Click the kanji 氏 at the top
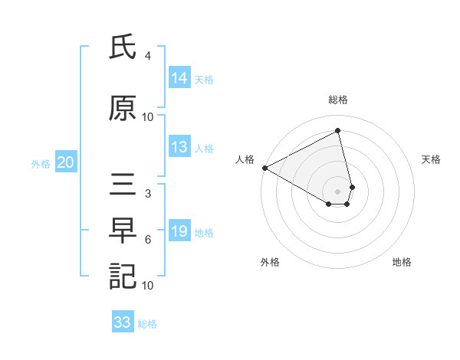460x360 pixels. [x=123, y=50]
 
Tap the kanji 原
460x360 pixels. [x=123, y=109]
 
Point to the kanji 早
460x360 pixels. [x=123, y=231]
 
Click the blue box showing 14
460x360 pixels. [x=179, y=78]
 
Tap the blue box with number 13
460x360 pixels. [x=179, y=148]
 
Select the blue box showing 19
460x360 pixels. [x=179, y=232]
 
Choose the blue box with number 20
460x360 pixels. [x=66, y=162]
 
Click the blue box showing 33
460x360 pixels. [x=123, y=322]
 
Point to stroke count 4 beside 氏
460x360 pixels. [x=148, y=56]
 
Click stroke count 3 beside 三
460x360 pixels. [x=148, y=195]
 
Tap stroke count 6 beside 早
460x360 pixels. [x=148, y=240]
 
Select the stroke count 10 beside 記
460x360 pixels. [x=148, y=285]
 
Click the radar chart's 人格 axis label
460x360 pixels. [x=245, y=159]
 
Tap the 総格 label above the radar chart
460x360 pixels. [x=338, y=100]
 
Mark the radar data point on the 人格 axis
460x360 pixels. [x=264, y=168]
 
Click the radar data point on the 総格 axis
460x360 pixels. [x=338, y=131]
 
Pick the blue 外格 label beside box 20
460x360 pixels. [x=41, y=163]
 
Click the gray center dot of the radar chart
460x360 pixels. [x=338, y=191]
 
